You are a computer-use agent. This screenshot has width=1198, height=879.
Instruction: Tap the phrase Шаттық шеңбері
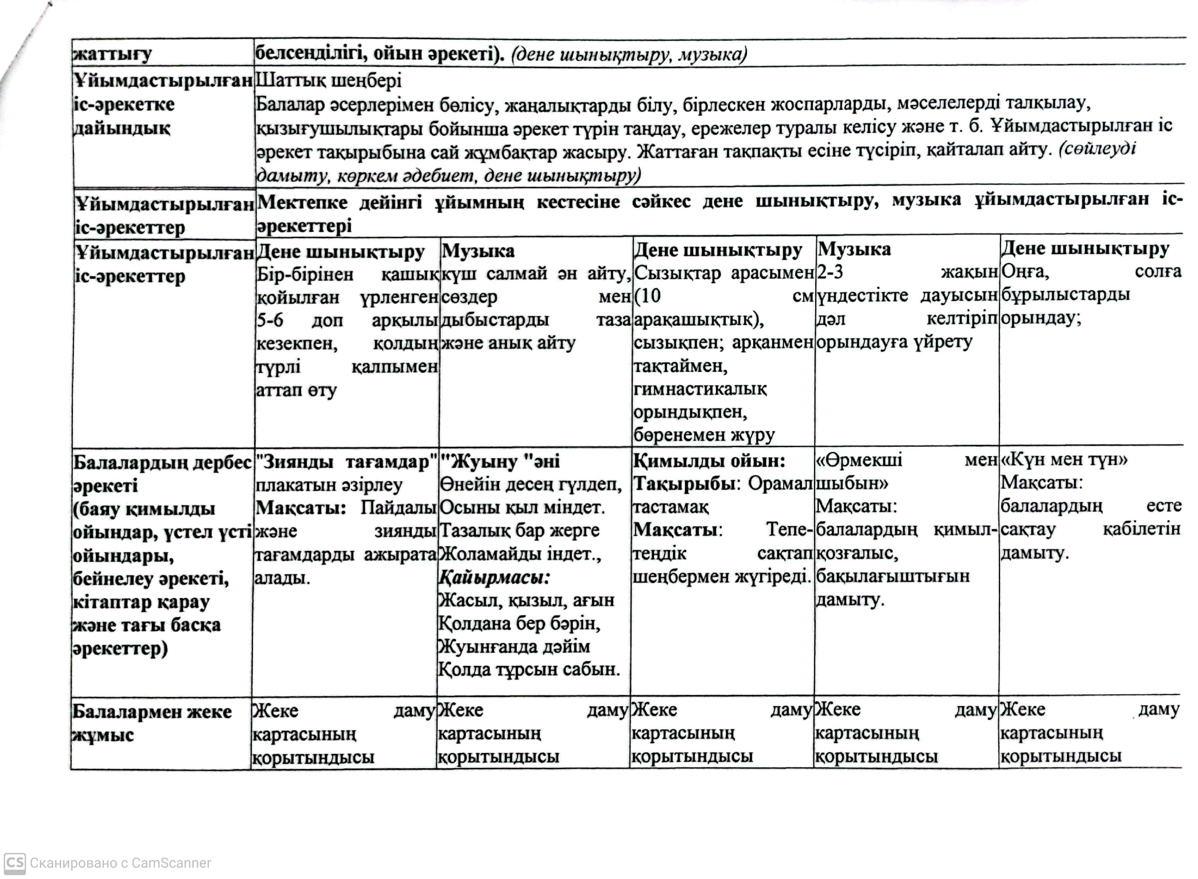point(329,81)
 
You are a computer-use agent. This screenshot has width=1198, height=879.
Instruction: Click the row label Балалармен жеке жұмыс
point(151,723)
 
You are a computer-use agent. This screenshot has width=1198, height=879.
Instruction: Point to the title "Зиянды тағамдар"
point(346,462)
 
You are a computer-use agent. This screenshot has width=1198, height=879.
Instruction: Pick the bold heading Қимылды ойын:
point(709,461)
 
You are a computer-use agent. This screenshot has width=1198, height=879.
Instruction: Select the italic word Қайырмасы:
point(494,577)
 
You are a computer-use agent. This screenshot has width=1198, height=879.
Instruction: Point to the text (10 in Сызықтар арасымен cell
point(647,296)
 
